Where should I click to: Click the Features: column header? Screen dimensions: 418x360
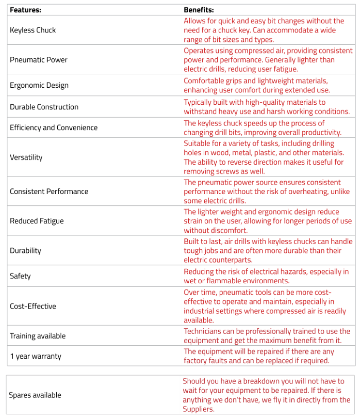click(26, 9)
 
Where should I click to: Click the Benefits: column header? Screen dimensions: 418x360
click(199, 9)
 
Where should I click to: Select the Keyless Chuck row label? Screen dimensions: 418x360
click(33, 30)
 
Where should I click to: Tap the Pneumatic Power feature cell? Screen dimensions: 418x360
click(39, 59)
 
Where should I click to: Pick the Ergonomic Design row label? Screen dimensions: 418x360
click(39, 85)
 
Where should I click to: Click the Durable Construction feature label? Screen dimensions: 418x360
click(44, 107)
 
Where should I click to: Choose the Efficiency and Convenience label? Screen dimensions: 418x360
click(54, 127)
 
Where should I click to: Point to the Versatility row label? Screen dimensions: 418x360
click(26, 157)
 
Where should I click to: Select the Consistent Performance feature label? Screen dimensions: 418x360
click(49, 191)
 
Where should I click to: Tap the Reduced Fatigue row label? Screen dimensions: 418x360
click(37, 221)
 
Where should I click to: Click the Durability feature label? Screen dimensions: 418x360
click(25, 250)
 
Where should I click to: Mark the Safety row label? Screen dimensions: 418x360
click(20, 276)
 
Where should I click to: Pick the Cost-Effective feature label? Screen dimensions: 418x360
click(33, 306)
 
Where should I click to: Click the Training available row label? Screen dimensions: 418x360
click(38, 336)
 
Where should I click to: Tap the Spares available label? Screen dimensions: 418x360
click(35, 395)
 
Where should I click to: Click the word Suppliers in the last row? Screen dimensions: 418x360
click(198, 409)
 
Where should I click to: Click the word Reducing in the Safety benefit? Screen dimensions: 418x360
click(200, 271)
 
